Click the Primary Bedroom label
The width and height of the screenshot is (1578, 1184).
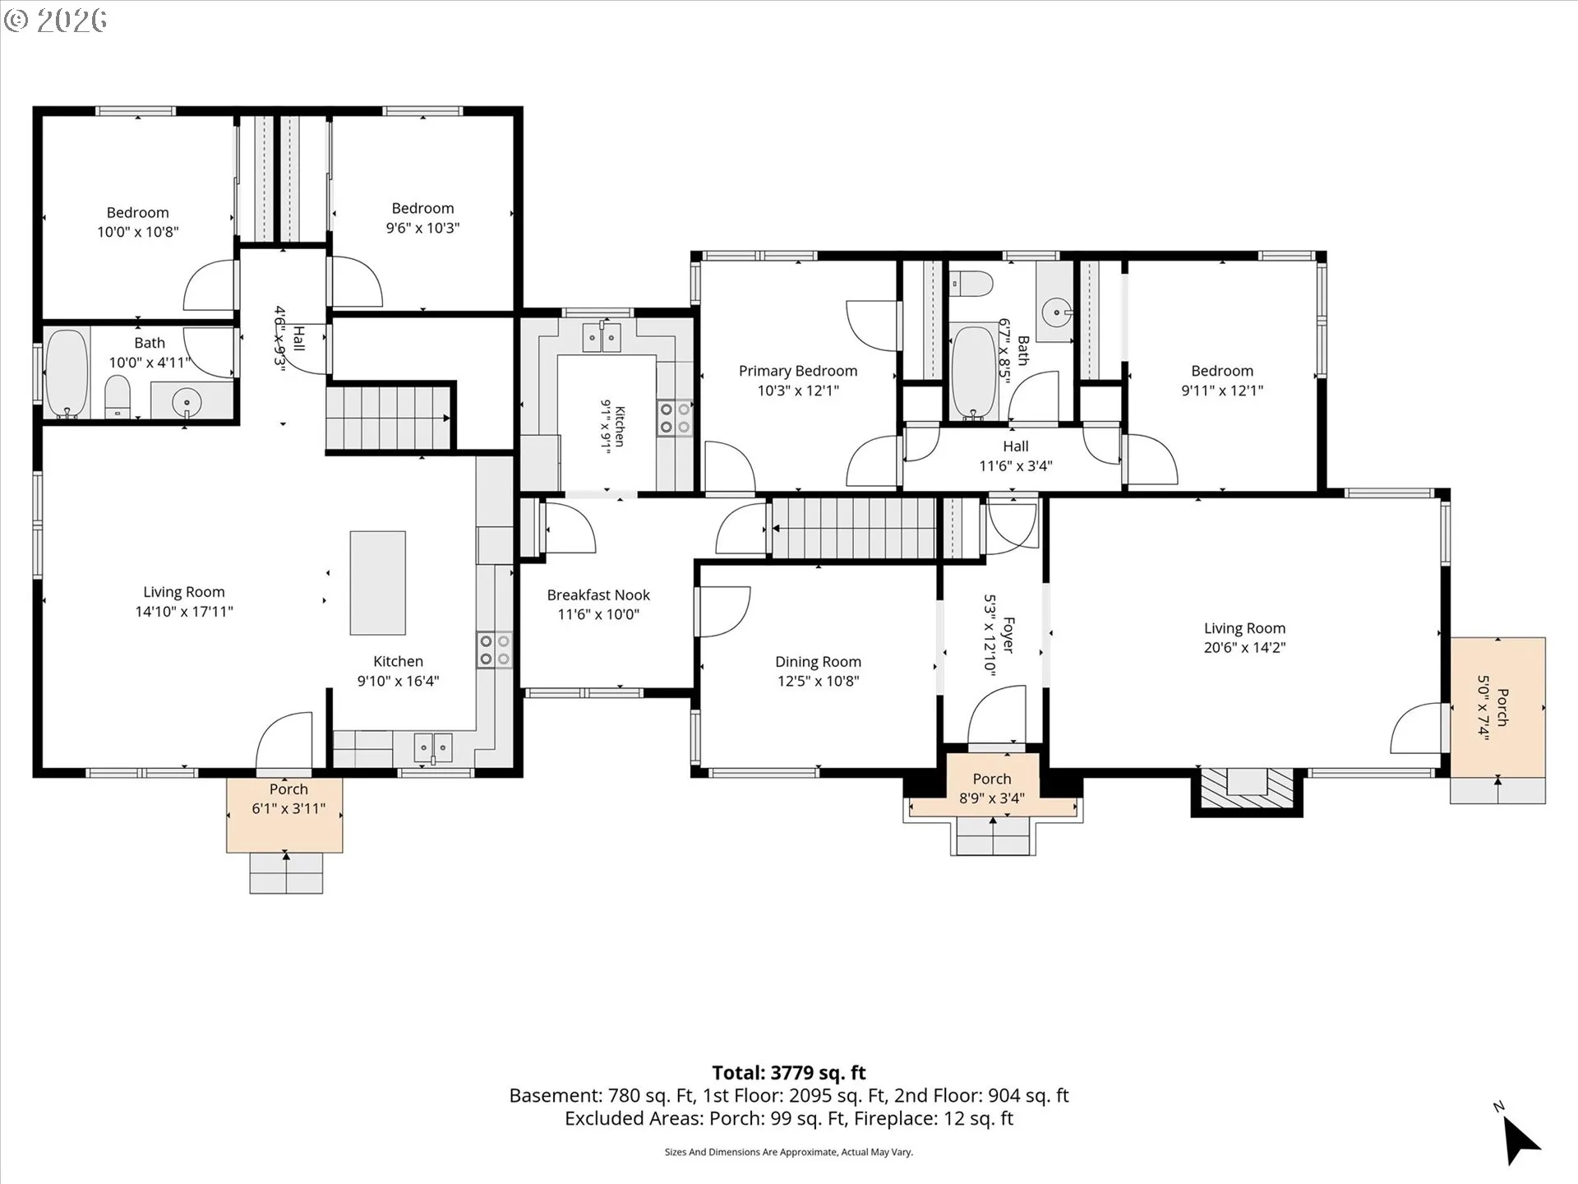point(798,371)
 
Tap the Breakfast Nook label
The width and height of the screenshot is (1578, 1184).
point(598,594)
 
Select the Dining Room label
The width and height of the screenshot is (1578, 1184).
point(818,662)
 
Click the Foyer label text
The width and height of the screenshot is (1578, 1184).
point(1008,636)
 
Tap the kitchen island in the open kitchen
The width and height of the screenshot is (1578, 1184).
point(377,583)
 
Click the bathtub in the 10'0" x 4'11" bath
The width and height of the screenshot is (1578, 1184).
point(67,374)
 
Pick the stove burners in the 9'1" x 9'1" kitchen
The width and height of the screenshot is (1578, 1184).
point(675,418)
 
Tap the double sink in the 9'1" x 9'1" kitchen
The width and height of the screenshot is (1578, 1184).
point(601,337)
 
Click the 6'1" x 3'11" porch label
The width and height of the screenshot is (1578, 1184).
point(288,798)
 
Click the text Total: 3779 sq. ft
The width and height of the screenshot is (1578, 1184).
point(789,1072)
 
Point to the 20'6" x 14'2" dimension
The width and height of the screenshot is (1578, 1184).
point(1244,647)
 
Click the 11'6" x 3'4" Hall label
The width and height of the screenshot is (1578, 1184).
point(1016,456)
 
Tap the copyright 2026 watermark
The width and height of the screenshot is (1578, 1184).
point(56,20)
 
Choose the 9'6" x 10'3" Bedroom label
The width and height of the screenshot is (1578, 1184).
point(422,218)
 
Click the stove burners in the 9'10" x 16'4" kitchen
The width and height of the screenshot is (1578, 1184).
point(494,650)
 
